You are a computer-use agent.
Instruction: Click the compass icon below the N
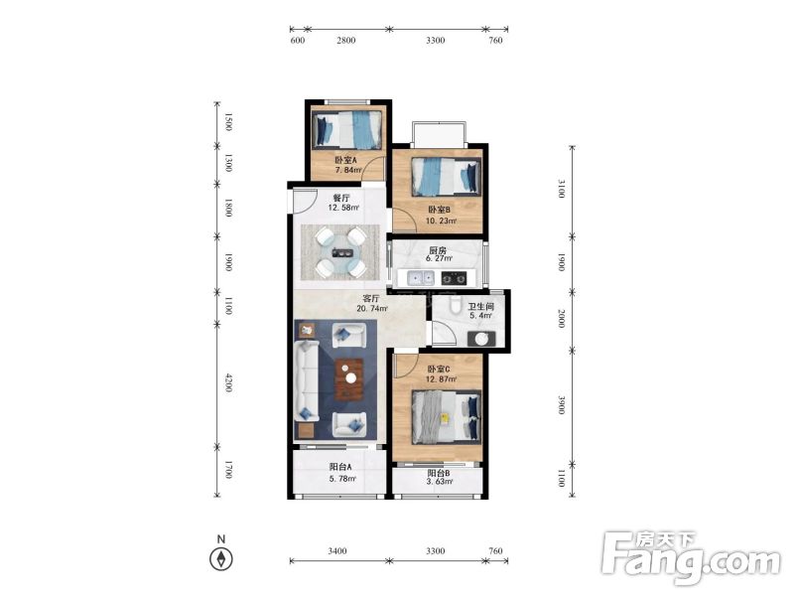click(x=221, y=558)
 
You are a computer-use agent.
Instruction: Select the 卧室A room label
click(x=346, y=160)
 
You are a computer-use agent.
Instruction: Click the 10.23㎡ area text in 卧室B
click(x=441, y=221)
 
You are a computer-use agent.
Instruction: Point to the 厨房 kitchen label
click(x=438, y=250)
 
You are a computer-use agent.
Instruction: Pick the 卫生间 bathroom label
click(x=481, y=306)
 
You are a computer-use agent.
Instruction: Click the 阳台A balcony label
click(x=340, y=467)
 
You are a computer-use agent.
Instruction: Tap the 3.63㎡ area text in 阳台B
click(x=441, y=482)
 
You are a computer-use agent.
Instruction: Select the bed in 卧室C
click(x=446, y=417)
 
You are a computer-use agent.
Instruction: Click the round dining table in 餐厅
click(x=341, y=252)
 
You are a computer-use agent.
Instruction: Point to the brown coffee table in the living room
click(x=349, y=379)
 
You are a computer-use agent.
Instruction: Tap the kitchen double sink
click(x=422, y=278)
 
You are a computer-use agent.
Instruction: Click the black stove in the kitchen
click(x=454, y=278)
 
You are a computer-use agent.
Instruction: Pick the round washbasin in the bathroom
click(x=482, y=338)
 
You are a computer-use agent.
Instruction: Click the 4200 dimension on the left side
click(x=228, y=383)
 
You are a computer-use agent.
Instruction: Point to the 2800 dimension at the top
click(x=346, y=41)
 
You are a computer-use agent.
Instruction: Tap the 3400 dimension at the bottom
click(x=337, y=550)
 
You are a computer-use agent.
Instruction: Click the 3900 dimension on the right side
click(x=562, y=405)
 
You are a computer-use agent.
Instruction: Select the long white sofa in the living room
click(x=307, y=381)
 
